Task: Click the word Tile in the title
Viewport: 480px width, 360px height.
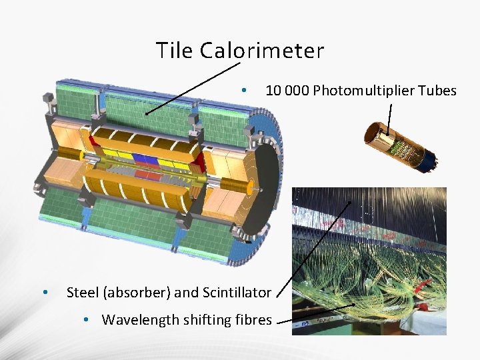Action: point(175,51)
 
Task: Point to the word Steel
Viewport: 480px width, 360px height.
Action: point(81,292)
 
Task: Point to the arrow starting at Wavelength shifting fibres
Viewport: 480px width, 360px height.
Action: point(313,315)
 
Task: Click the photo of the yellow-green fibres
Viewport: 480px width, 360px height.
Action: point(371,267)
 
